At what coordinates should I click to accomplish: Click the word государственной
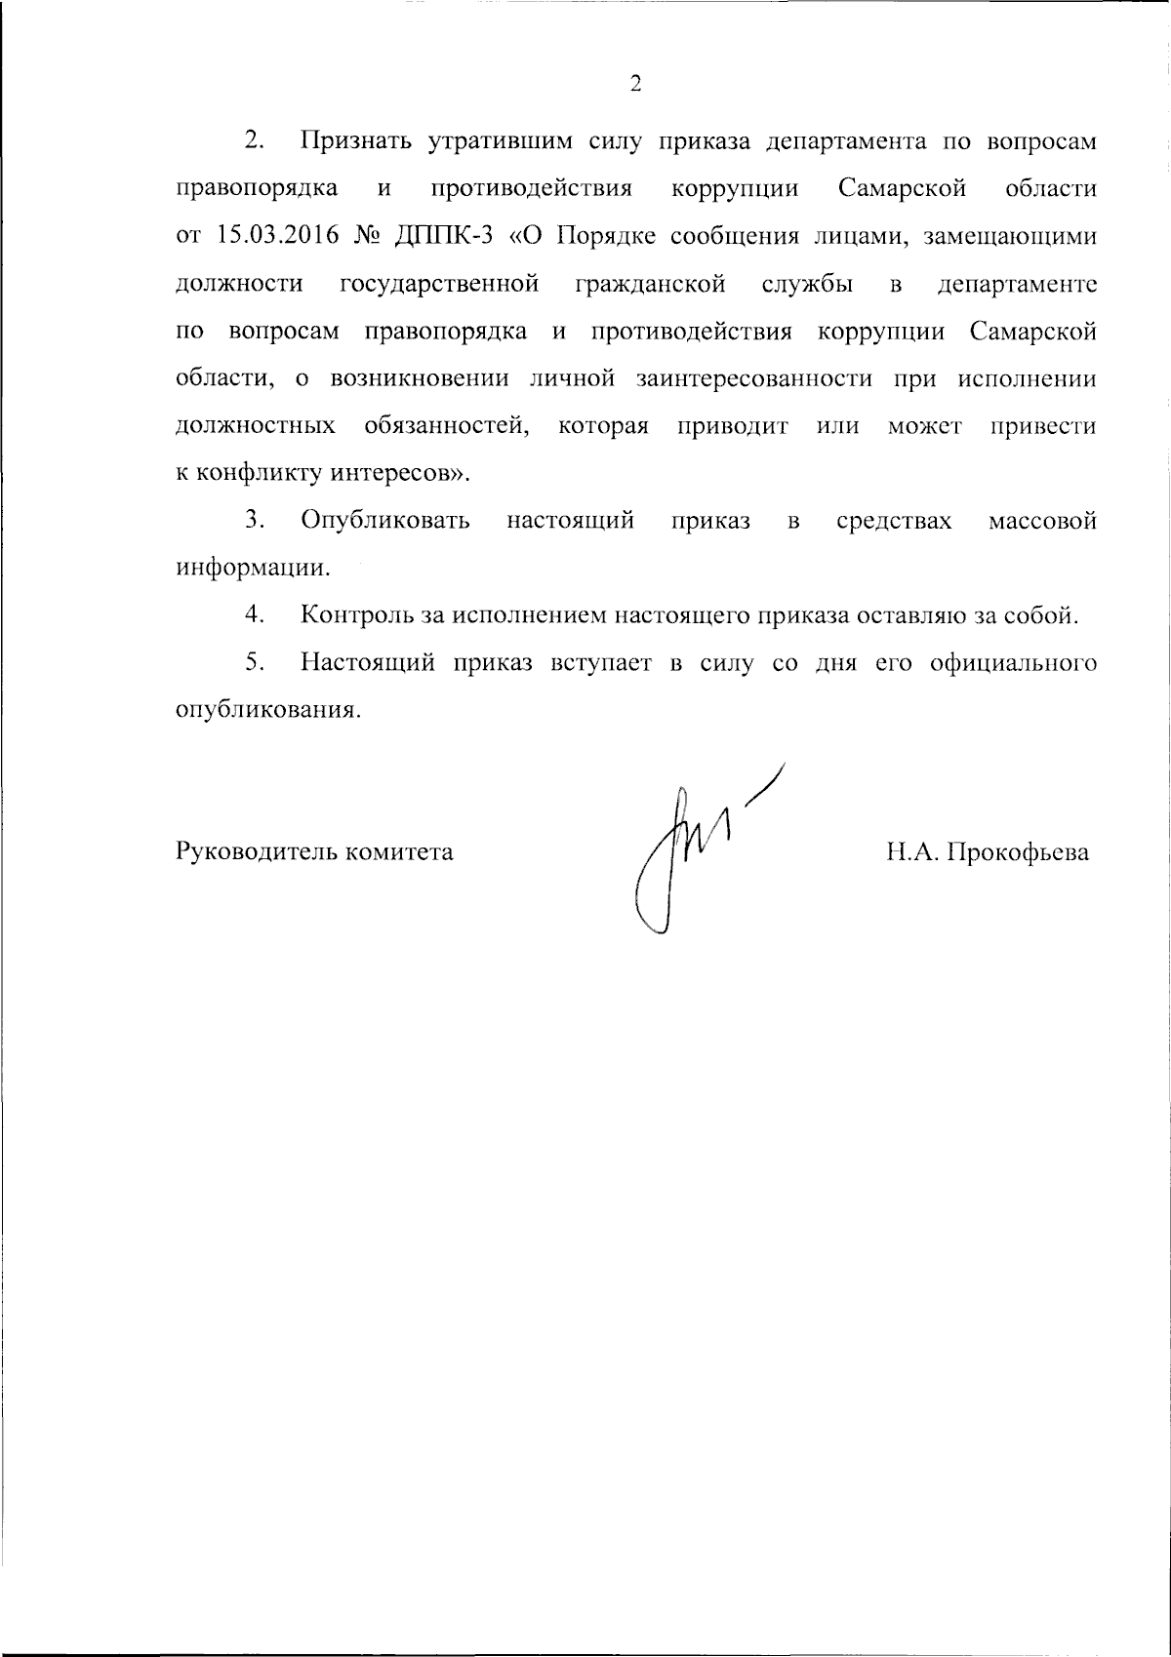(x=440, y=285)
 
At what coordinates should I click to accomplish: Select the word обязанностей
(x=448, y=427)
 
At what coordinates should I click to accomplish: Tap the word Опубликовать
(x=385, y=522)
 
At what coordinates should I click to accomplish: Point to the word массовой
(x=1042, y=522)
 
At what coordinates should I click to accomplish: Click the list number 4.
(x=256, y=615)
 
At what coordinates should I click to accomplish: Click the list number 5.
(x=256, y=663)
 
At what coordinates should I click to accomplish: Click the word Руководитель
(x=255, y=852)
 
